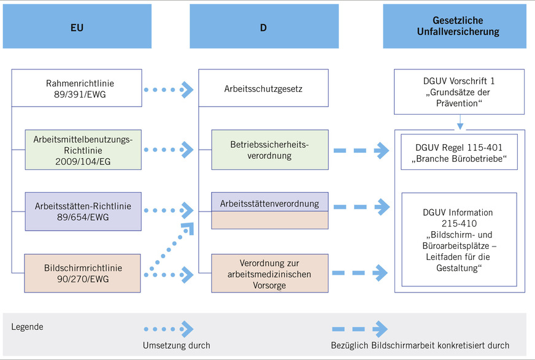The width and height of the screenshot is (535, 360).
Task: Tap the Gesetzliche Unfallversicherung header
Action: pyautogui.click(x=455, y=27)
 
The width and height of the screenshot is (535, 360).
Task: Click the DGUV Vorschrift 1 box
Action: pyautogui.click(x=460, y=91)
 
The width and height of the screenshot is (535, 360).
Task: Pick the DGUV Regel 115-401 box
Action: pyautogui.click(x=460, y=153)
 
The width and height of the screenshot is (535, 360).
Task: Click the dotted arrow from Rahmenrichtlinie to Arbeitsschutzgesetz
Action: pyautogui.click(x=169, y=90)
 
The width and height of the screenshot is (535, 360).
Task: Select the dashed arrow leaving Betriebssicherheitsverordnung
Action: pyautogui.click(x=362, y=150)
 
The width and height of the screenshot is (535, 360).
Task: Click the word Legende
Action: pyautogui.click(x=28, y=327)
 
